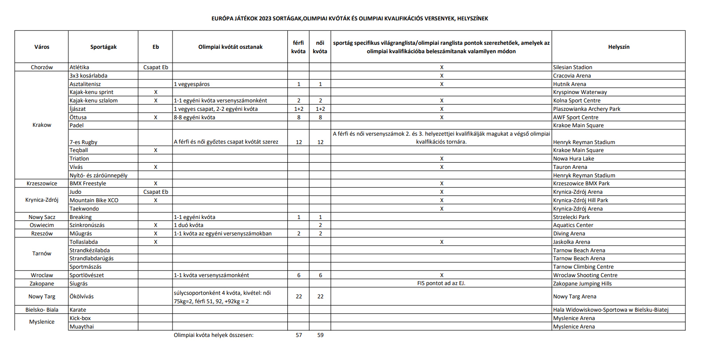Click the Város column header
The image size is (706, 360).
click(x=42, y=47)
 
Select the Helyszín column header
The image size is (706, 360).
click(x=618, y=47)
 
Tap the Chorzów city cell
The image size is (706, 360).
click(x=42, y=67)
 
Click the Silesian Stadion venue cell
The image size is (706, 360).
click(x=573, y=67)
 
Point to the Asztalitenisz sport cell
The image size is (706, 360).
click(x=85, y=84)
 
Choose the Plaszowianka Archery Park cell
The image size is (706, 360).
click(x=586, y=109)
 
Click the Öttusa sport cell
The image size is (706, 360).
click(x=78, y=117)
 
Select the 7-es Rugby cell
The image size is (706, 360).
click(x=83, y=142)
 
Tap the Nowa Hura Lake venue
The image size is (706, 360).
click(x=573, y=159)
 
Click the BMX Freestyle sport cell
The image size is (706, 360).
click(x=88, y=184)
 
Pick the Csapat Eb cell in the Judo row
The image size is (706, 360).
click(x=156, y=192)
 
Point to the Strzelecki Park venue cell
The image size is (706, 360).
click(x=571, y=217)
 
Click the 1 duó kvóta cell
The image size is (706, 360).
click(x=188, y=225)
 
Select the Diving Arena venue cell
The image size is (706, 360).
click(x=569, y=234)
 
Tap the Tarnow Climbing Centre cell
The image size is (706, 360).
click(x=583, y=267)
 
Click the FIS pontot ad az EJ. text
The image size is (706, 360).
click(x=441, y=283)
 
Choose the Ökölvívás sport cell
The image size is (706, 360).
click(x=82, y=297)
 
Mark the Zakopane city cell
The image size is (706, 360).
click(x=42, y=284)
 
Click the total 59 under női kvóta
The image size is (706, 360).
click(x=320, y=335)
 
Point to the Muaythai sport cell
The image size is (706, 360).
click(x=82, y=327)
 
